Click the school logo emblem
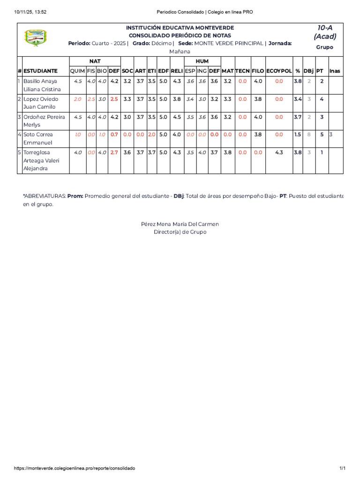tap(36, 37)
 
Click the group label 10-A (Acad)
tap(325, 32)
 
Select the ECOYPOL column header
tap(279, 71)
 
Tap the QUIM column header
tap(77, 71)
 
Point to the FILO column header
tap(258, 71)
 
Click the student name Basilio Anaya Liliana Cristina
tap(42, 85)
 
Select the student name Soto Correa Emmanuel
tap(38, 139)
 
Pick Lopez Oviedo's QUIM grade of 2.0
tap(77, 99)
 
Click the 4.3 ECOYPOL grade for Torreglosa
tap(279, 152)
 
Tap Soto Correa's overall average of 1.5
tap(297, 135)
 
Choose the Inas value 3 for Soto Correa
tap(331, 135)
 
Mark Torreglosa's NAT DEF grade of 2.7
tap(114, 152)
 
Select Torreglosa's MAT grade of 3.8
tap(227, 152)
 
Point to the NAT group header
tap(95, 61)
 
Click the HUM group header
tap(202, 61)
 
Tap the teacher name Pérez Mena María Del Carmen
tap(180, 224)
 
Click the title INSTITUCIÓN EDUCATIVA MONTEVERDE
tap(180, 28)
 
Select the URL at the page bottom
tap(75, 468)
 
